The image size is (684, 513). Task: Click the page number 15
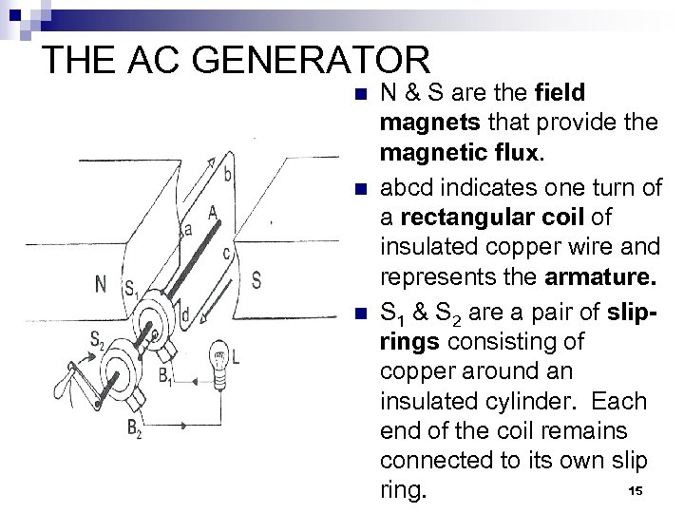point(636,489)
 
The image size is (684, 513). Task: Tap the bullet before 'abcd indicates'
point(357,188)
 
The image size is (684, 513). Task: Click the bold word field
point(561,94)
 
